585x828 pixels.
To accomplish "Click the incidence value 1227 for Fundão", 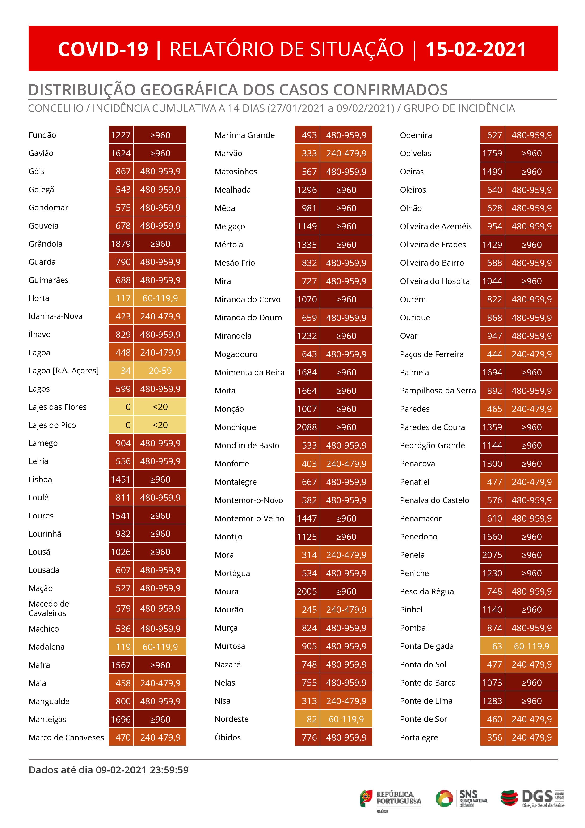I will [x=121, y=135].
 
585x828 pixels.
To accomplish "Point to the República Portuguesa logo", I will [x=391, y=798].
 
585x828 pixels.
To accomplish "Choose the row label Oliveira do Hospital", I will [x=436, y=281].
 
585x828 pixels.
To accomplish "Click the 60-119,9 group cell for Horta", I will [x=160, y=298].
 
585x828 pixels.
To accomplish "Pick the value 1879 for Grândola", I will [x=121, y=244].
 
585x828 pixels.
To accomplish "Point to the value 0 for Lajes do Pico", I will [x=128, y=425].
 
